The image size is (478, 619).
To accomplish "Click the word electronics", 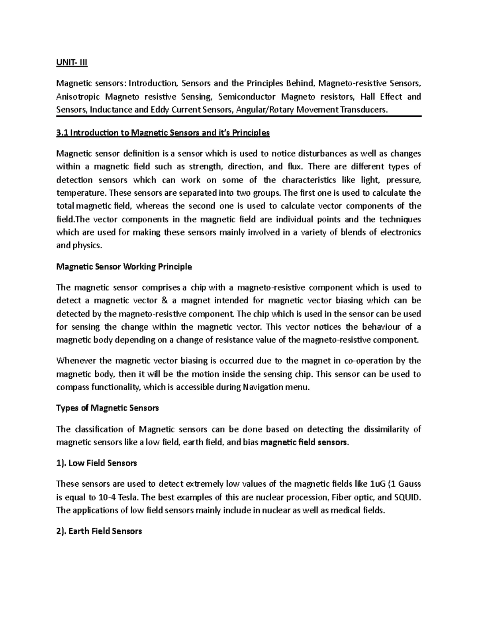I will (401, 232).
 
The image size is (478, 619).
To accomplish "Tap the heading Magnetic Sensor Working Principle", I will (124, 267).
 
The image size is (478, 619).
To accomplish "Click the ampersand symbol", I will (164, 301).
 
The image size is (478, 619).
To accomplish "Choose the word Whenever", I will (77, 361).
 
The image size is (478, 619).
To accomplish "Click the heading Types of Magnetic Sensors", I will (108, 408).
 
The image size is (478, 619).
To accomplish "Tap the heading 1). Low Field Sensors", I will (97, 463).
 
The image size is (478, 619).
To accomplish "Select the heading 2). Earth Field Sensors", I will (99, 531).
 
